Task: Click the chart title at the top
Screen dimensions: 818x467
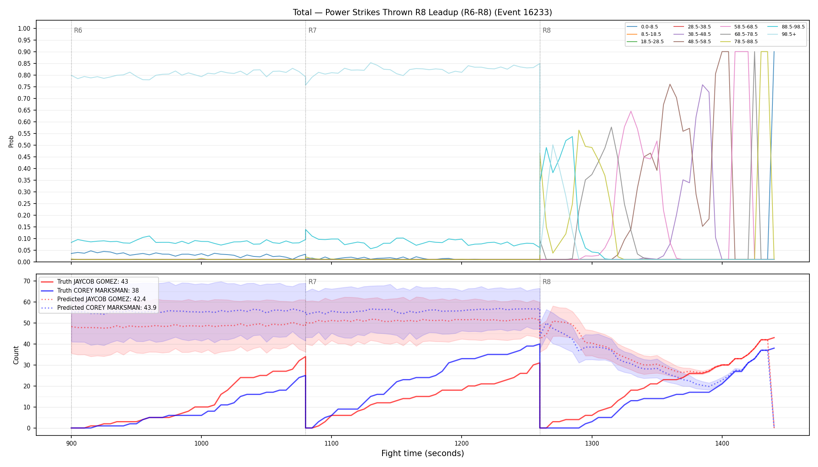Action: [422, 12]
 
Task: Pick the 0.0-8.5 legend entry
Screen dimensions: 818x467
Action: [642, 27]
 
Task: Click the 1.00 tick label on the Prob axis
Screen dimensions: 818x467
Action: [24, 28]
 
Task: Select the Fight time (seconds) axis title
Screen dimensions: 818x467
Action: [423, 453]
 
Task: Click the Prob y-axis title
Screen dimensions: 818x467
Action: [11, 141]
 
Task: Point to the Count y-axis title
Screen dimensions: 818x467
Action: [16, 355]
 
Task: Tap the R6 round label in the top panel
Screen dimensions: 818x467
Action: [78, 30]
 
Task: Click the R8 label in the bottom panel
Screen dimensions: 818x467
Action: [547, 282]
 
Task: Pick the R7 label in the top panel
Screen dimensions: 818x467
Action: [312, 30]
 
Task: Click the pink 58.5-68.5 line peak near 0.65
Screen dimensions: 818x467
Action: [631, 111]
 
